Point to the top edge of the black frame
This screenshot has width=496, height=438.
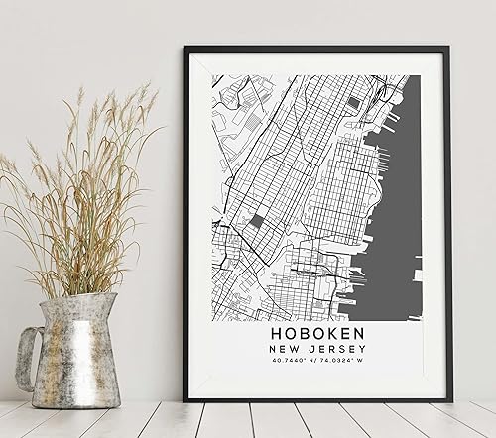317,48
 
